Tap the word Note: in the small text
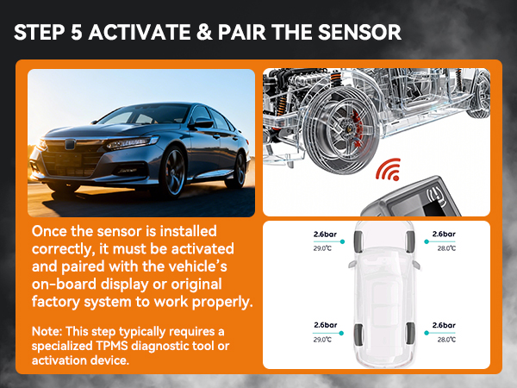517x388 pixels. click(x=46, y=331)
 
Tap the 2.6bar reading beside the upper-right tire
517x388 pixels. click(x=443, y=234)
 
